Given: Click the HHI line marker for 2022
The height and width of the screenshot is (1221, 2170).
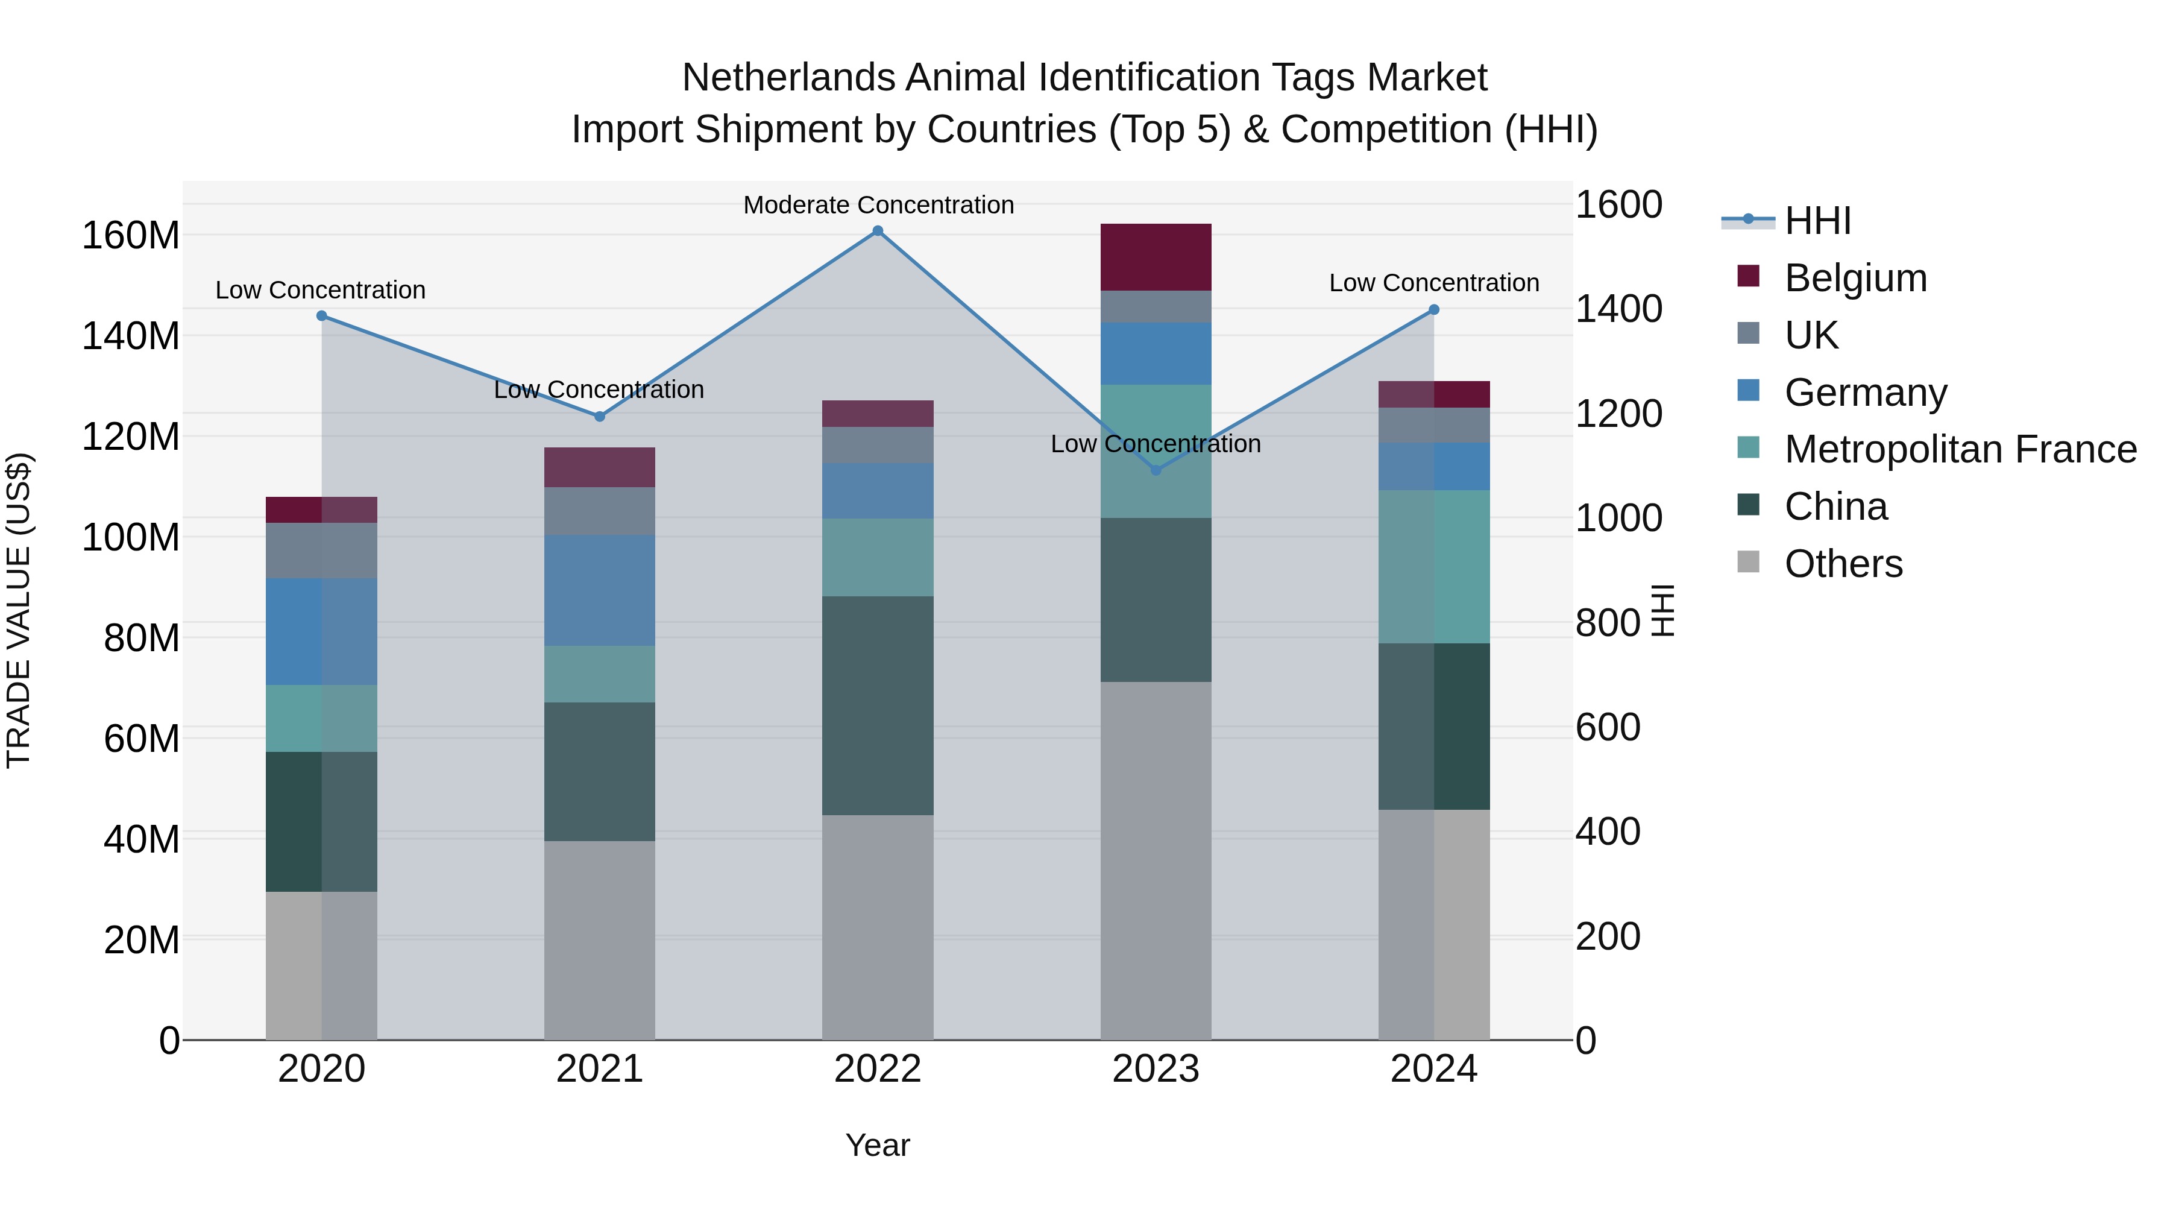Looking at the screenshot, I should (x=877, y=231).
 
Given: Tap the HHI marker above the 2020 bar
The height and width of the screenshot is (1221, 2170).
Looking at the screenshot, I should (x=321, y=316).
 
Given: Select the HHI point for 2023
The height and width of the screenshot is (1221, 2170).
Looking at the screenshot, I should (x=1156, y=470).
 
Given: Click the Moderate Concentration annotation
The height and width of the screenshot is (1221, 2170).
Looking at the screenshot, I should (x=878, y=205).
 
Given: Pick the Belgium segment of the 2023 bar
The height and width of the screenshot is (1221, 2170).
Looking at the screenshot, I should (x=1156, y=257).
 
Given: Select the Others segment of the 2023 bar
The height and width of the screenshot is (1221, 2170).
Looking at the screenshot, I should (x=1156, y=859).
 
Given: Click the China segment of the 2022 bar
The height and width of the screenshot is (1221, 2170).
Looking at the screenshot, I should (x=877, y=705).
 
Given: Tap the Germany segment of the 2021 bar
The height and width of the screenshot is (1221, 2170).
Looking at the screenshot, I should (x=599, y=590).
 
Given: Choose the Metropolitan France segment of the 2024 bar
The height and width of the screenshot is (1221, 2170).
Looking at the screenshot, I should (x=1434, y=566).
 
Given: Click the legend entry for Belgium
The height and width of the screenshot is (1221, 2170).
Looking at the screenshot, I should (x=1854, y=278).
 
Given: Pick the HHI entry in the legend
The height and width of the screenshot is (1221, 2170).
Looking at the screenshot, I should (x=1817, y=221).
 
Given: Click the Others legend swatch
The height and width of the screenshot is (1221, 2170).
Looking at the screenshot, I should (x=1748, y=562).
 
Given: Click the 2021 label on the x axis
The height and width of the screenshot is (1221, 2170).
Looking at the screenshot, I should (x=599, y=1069).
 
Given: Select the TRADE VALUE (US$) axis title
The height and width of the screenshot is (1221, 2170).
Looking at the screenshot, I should (x=19, y=610).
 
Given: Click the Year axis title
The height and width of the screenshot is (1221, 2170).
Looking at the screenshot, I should (x=877, y=1145).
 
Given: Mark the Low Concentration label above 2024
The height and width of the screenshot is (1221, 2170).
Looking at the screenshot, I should (x=1434, y=283).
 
